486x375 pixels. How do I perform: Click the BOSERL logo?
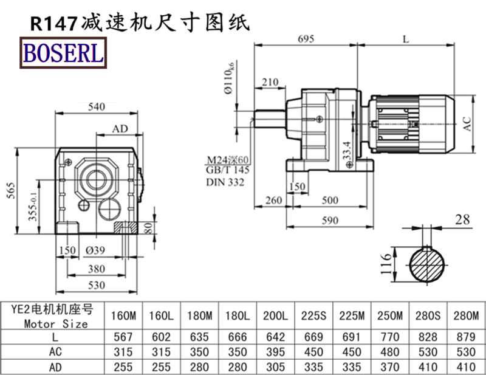(x=64, y=53)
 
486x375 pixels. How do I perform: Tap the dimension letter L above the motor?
(x=405, y=38)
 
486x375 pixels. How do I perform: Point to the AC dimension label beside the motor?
(x=467, y=124)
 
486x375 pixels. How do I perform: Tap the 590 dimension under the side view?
(x=330, y=220)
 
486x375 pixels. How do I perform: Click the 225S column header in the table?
(x=315, y=317)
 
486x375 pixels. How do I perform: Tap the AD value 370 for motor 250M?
(x=389, y=366)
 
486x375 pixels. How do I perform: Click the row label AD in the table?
(x=55, y=366)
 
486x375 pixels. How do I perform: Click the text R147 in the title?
(x=53, y=23)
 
